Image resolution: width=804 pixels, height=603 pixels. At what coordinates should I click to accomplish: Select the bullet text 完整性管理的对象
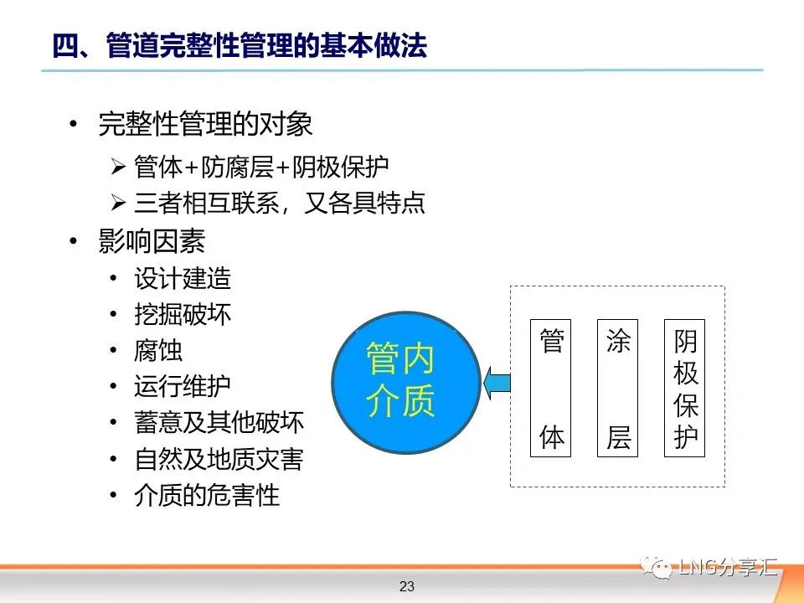(205, 124)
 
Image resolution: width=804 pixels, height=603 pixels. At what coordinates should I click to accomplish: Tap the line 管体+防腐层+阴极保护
(261, 167)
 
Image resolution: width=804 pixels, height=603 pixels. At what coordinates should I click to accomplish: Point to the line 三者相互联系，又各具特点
(280, 203)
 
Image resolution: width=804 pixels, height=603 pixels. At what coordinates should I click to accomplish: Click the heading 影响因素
(152, 240)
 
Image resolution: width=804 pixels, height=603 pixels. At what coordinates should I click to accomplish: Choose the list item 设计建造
(183, 278)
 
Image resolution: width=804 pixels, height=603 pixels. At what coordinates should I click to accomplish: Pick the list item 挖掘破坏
(183, 314)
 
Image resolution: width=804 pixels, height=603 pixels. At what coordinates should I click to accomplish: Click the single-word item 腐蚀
(158, 351)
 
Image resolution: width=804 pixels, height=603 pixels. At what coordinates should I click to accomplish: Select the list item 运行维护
(183, 386)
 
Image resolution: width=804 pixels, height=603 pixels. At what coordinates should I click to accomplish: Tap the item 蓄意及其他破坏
(219, 422)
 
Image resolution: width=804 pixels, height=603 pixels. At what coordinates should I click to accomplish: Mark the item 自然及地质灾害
(219, 459)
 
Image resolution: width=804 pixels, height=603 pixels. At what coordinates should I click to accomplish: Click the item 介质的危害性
(207, 495)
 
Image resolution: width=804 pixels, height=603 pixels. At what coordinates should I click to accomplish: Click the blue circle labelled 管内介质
(406, 383)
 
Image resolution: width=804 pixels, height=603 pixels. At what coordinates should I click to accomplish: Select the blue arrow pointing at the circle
(497, 383)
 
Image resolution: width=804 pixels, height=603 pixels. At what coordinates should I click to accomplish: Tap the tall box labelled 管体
(550, 388)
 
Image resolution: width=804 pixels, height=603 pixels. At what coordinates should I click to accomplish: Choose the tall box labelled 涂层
(617, 388)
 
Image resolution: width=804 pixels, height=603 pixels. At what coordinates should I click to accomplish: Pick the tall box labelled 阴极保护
(684, 388)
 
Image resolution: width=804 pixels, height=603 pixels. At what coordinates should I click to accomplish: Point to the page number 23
(407, 586)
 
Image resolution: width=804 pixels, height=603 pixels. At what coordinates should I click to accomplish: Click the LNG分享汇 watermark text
(728, 567)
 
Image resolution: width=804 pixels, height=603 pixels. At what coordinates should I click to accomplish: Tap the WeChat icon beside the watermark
(657, 567)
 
